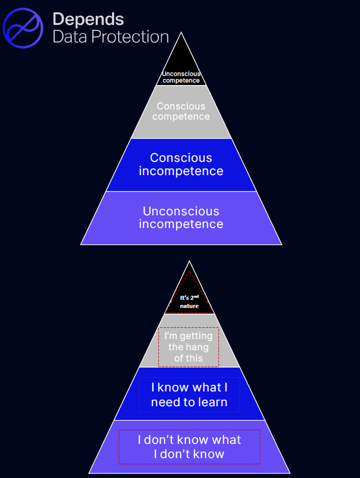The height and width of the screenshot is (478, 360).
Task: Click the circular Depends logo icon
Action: (23, 28)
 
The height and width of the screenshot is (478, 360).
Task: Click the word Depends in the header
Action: (88, 19)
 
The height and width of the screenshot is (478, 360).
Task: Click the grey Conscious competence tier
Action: (181, 111)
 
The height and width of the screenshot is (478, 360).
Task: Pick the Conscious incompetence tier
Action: (181, 164)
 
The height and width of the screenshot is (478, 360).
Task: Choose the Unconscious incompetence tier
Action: (181, 217)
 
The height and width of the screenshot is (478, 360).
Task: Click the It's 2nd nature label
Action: (189, 301)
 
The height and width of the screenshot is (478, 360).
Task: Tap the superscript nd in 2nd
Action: (196, 295)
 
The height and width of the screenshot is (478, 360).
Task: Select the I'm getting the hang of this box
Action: (189, 347)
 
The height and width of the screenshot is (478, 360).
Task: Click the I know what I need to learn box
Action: (189, 395)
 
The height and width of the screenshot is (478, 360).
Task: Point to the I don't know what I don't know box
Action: (189, 446)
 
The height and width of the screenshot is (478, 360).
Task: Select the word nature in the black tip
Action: (189, 306)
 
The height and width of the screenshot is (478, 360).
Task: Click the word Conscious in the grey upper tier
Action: (181, 106)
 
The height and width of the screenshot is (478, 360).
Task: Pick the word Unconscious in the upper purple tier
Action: (181, 211)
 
